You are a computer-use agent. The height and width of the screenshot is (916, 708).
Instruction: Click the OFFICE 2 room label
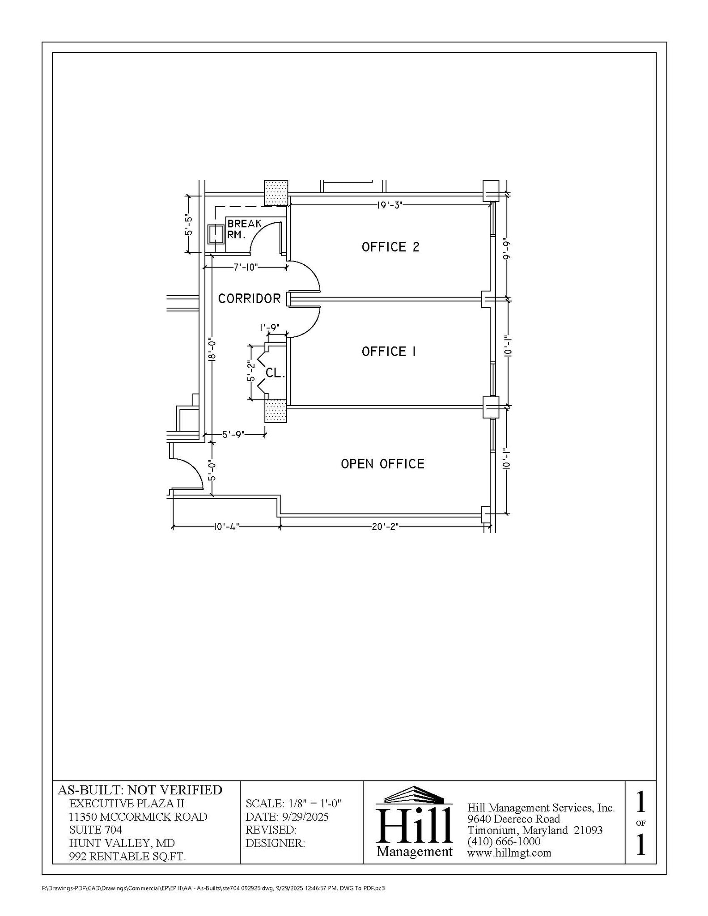point(390,247)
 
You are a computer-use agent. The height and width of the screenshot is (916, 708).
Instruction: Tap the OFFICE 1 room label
point(389,352)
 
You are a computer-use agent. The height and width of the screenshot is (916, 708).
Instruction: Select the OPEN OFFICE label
point(382,464)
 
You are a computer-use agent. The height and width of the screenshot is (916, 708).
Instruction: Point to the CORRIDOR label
point(249,298)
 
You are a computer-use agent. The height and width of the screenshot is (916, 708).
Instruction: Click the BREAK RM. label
point(244,229)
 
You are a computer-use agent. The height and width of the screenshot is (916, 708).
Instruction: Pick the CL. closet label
point(275,373)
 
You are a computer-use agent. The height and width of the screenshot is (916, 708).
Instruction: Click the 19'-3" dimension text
point(390,205)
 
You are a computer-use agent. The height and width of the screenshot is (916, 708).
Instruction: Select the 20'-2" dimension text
point(385,526)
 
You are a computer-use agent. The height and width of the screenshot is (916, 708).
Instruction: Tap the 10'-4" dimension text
point(226,526)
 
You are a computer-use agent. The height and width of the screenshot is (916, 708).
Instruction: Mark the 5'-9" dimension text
point(233,434)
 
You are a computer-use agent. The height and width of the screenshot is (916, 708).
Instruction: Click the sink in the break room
point(216,234)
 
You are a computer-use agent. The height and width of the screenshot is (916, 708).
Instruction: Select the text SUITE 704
point(95,830)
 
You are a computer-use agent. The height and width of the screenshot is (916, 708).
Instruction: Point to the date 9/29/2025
point(305,817)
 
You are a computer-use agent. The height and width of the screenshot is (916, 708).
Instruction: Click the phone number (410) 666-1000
point(504,841)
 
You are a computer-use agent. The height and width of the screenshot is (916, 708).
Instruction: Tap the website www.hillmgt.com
point(509,853)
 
